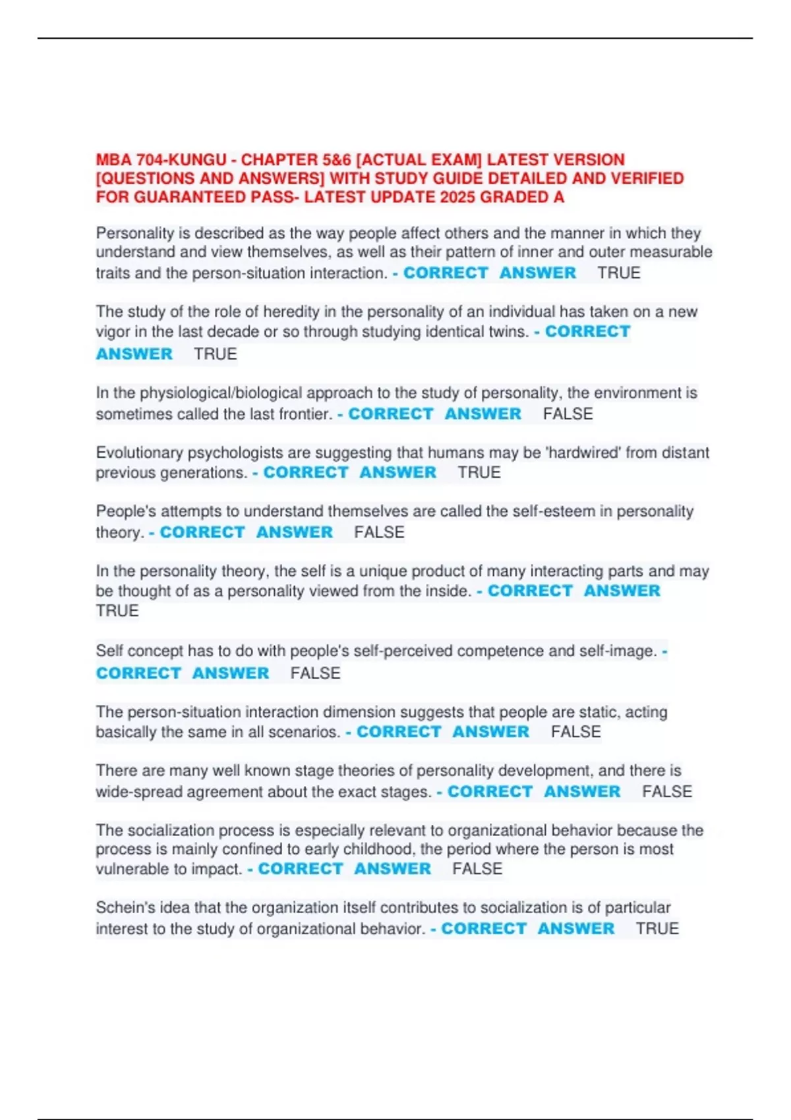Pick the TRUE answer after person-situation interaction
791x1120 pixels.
coord(618,273)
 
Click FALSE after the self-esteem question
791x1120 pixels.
coord(379,532)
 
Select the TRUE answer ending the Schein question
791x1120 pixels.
coord(657,928)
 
